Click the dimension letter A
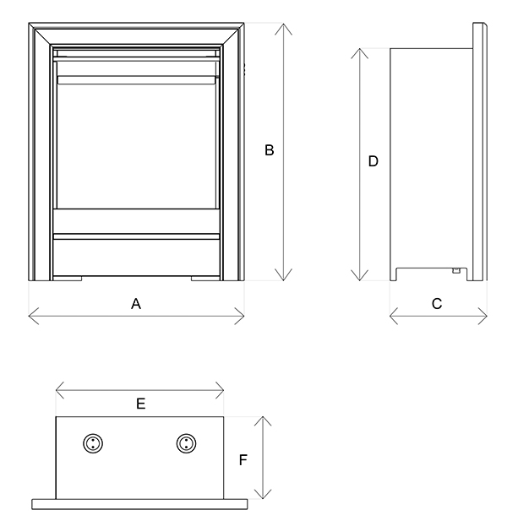(135, 304)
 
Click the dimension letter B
(270, 151)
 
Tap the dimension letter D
(373, 162)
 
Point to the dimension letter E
(141, 404)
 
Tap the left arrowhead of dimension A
(30, 316)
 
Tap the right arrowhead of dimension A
(243, 316)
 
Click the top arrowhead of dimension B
(282, 25)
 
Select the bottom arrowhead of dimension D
(361, 278)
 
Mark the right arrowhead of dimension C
(485, 316)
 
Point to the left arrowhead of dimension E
(57, 389)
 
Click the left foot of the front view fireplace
(69, 277)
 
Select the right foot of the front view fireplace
(204, 277)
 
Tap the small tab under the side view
(455, 272)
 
